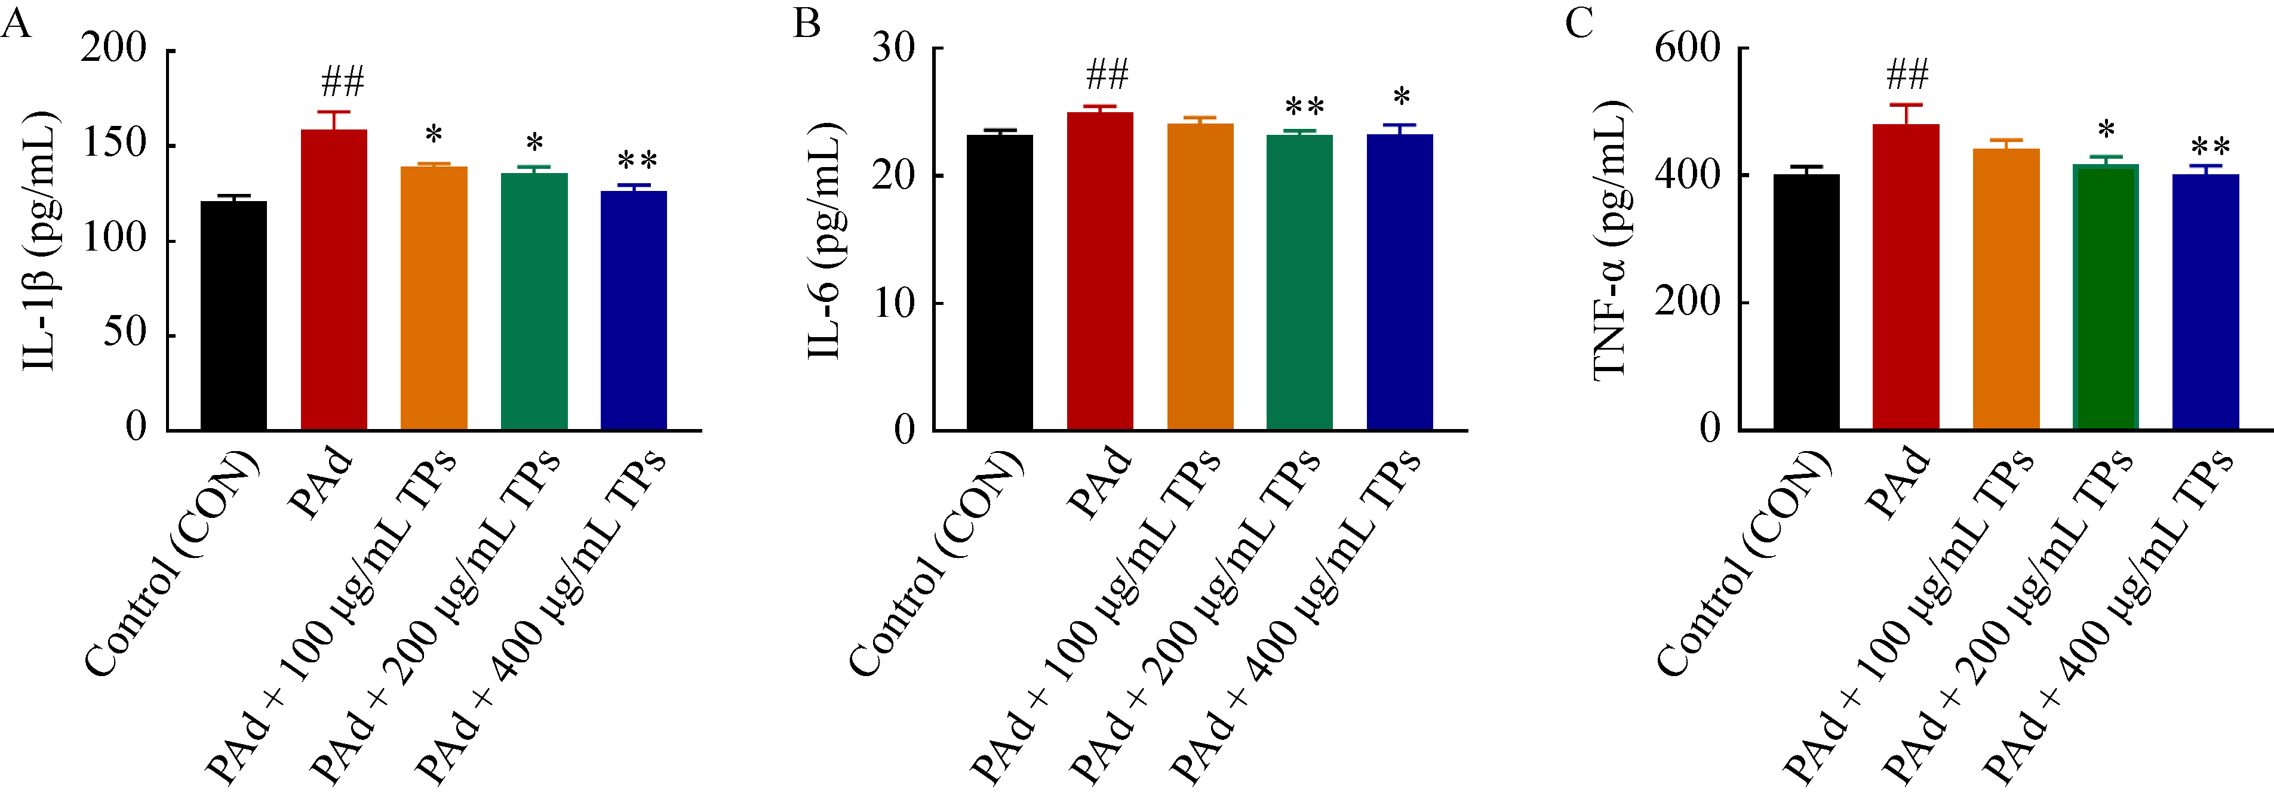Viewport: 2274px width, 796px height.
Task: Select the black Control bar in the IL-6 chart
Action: [x=999, y=282]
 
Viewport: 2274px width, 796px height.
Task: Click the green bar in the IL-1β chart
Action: [x=534, y=301]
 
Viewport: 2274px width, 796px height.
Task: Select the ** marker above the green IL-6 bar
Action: [x=1304, y=107]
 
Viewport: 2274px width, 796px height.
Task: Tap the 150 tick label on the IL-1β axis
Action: [x=114, y=144]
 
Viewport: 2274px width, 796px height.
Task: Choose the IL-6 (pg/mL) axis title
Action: [x=825, y=240]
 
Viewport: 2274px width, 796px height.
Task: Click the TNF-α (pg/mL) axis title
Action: [x=1611, y=240]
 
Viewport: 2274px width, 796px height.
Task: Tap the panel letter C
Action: [x=1579, y=22]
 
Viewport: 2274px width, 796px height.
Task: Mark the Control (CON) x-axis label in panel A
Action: [x=172, y=565]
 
